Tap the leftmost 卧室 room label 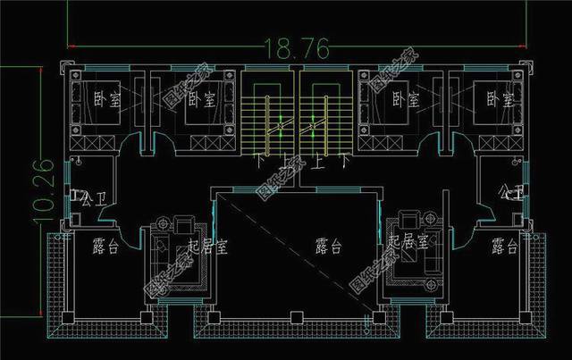tap(106, 99)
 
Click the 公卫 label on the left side tap(86, 197)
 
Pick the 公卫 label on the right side tap(511, 192)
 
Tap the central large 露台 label tap(329, 246)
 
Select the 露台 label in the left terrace tap(105, 247)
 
